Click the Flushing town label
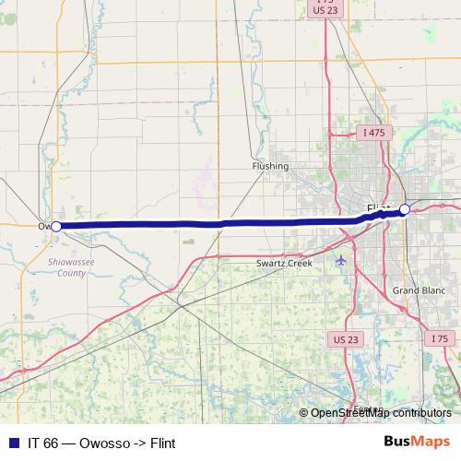coord(270,167)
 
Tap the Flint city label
coord(378,207)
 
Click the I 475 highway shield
coord(373,133)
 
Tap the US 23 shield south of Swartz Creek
coord(345,339)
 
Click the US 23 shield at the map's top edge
coord(324,11)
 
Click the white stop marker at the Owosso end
coord(56,226)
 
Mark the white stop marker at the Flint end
coord(404,210)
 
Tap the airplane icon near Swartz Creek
coord(343,259)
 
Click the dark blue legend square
coord(13,442)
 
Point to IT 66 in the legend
coord(43,442)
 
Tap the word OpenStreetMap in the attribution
coord(350,413)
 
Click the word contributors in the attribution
coord(422,413)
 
